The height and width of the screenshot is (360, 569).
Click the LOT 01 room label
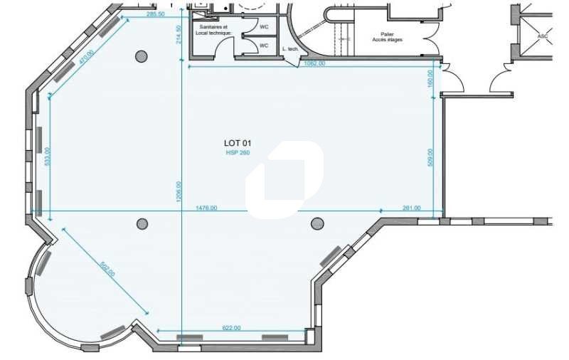coord(238,144)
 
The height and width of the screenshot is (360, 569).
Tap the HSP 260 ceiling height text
coord(238,153)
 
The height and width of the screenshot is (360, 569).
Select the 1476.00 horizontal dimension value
coord(206,208)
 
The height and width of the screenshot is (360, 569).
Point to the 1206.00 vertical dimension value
coord(179,192)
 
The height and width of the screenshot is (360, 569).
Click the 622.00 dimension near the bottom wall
coord(232,328)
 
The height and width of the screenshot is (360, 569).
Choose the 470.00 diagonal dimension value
coord(87,58)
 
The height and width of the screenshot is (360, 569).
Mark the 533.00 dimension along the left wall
coord(48,157)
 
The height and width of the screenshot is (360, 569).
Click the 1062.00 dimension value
coord(314,63)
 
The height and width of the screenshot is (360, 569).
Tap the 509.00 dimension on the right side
coord(430,157)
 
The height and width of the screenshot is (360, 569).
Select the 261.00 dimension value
coord(411,208)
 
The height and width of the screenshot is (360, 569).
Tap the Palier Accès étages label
coord(387,37)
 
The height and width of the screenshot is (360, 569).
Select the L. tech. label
coord(289,49)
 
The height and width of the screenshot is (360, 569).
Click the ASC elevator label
coord(543,35)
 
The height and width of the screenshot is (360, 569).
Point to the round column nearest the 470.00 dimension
coord(142,56)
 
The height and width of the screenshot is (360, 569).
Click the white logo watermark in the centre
coord(284,179)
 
